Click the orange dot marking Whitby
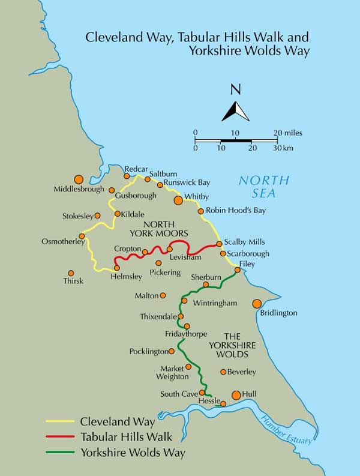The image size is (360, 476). (x=178, y=200)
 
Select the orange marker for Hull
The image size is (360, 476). (x=236, y=394)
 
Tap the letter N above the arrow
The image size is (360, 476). (x=236, y=90)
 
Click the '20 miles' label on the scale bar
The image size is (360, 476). (x=288, y=132)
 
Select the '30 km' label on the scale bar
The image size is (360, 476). (x=284, y=148)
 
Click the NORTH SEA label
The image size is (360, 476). (x=263, y=186)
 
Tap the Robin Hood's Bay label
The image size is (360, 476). (x=235, y=211)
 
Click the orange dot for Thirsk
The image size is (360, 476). (x=71, y=273)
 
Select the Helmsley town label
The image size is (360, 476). (x=127, y=277)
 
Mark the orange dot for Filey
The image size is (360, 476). (x=238, y=270)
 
